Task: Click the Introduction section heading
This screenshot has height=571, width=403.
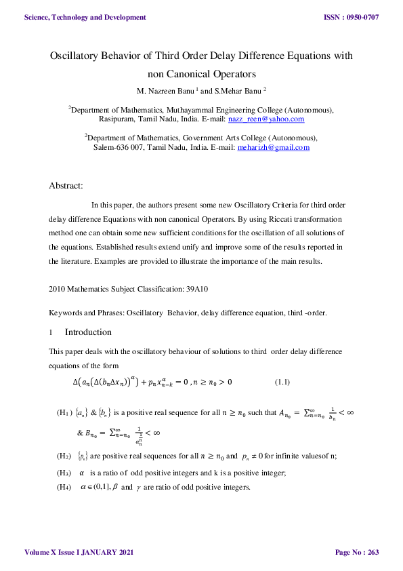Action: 88,332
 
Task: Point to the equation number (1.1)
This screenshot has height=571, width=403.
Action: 282,382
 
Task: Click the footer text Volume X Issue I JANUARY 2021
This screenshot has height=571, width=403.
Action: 79,553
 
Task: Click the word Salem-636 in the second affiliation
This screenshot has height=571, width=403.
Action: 113,146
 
